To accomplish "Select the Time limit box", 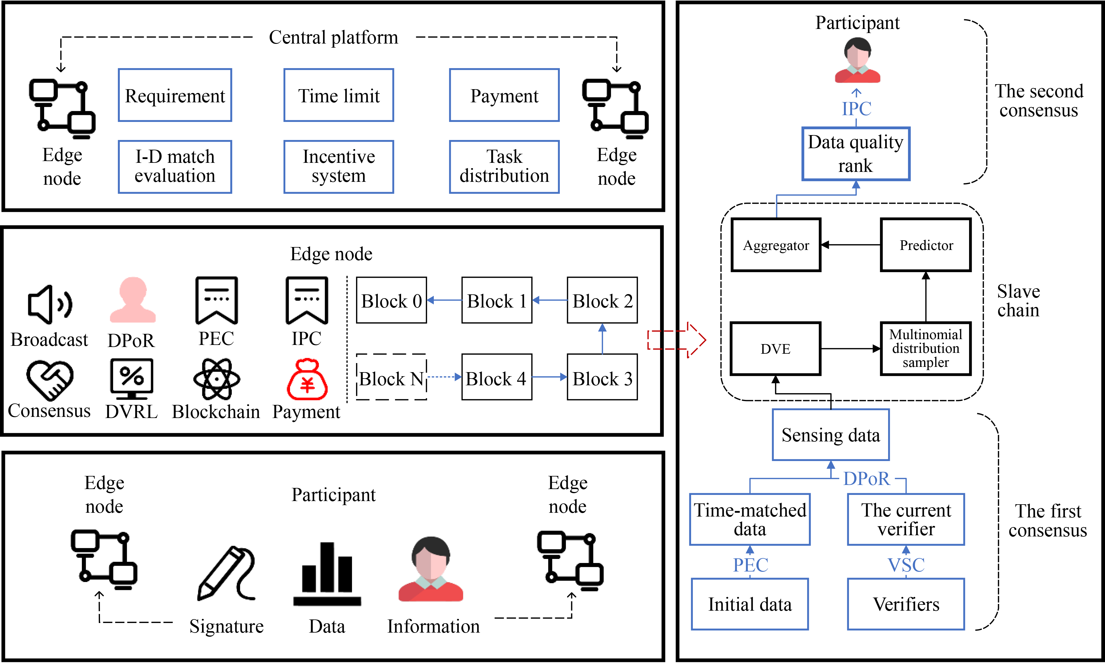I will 339,95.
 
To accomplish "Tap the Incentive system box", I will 339,167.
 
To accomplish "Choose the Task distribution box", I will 504,167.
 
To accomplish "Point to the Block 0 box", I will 391,300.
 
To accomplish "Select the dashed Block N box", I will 391,377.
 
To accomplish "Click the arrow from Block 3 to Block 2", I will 602,339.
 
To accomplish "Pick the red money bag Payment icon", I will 307,379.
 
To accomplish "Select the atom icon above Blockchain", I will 217,379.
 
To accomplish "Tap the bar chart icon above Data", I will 327,574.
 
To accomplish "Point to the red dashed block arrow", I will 677,340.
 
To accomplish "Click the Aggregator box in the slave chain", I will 776,245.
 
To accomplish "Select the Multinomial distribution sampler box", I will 926,348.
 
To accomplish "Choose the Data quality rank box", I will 855,154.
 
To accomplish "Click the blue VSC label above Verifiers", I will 906,565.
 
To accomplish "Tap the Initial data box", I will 750,604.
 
